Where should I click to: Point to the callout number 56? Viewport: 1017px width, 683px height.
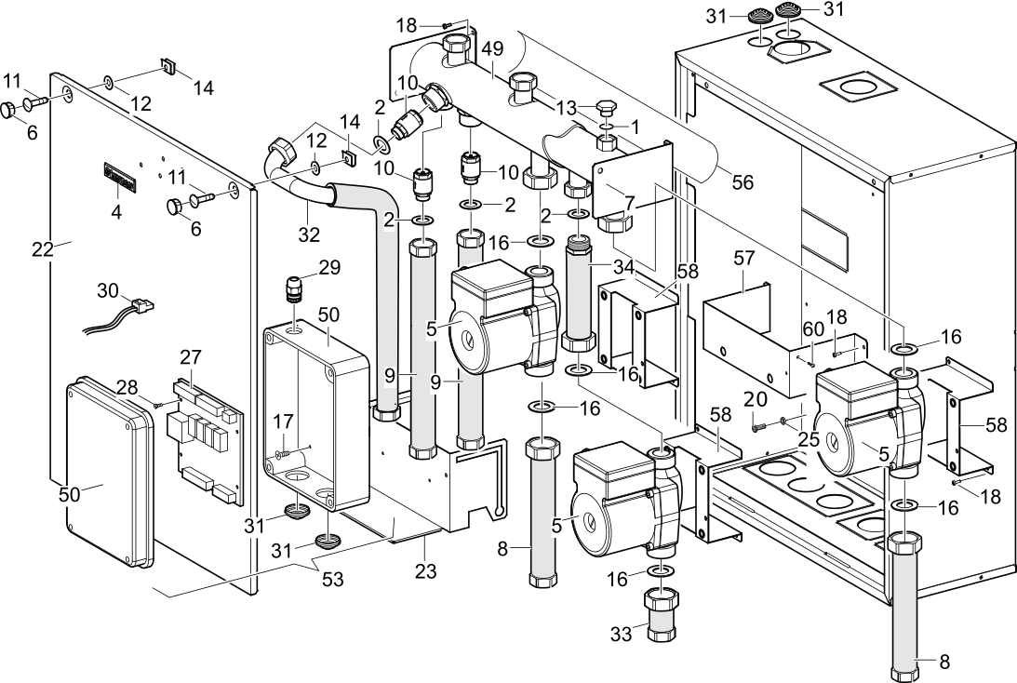coord(742,183)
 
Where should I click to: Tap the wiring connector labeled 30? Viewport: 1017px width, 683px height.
coord(140,304)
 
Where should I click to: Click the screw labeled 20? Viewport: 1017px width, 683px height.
coord(758,425)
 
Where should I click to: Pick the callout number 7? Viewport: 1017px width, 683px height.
coord(629,201)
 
